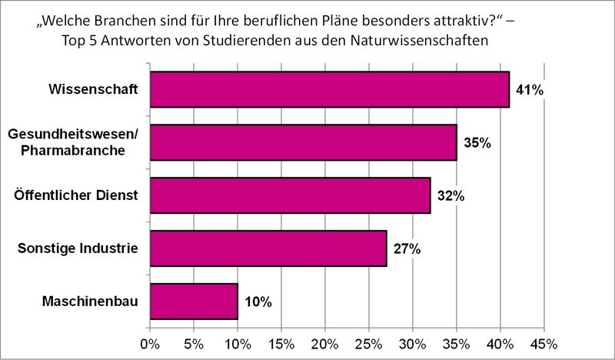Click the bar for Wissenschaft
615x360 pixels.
(329, 89)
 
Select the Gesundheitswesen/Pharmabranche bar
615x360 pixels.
(303, 142)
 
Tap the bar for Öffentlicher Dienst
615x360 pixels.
(290, 195)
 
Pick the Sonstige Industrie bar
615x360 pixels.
(268, 248)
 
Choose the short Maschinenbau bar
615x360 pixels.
(194, 302)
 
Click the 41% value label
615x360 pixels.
(530, 90)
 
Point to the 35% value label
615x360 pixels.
(477, 143)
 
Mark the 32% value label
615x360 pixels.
(450, 196)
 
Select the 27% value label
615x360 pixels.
(407, 249)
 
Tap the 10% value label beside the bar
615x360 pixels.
(258, 302)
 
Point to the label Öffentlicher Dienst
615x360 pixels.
(76, 195)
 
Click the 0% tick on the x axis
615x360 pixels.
(150, 341)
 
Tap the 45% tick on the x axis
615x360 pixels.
(544, 341)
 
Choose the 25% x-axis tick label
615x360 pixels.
(369, 341)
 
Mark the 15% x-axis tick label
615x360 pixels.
(281, 341)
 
